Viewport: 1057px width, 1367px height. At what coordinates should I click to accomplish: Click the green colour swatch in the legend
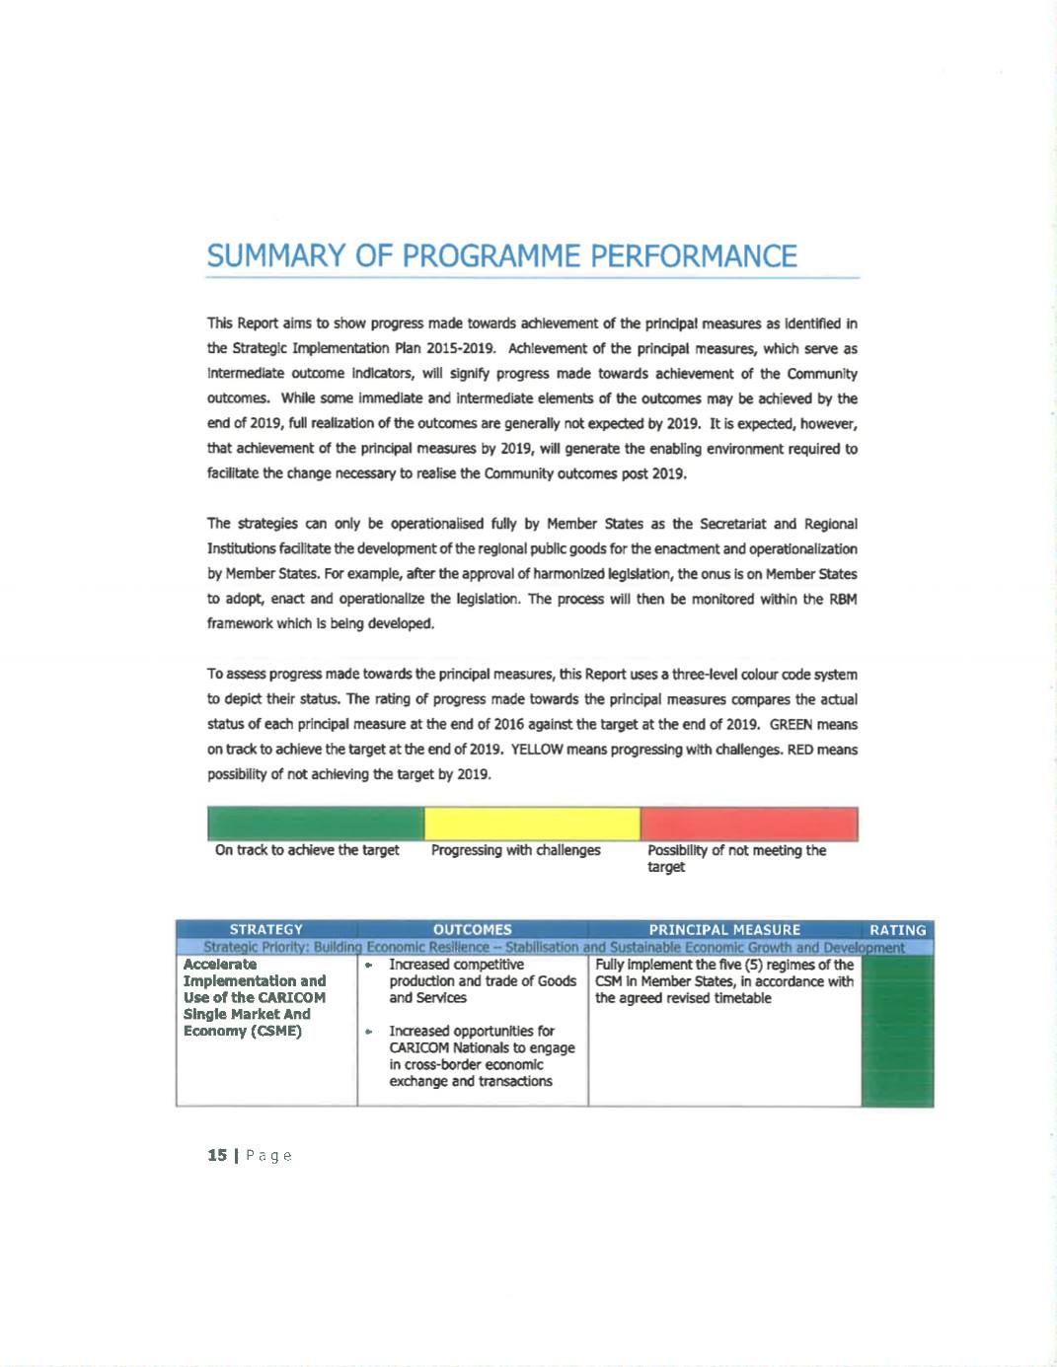tap(315, 824)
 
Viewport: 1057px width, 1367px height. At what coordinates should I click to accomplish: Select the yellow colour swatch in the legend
tap(532, 824)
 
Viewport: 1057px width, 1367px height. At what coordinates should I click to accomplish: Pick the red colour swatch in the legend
tap(749, 824)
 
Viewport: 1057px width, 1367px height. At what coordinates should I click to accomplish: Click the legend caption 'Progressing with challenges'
tap(515, 850)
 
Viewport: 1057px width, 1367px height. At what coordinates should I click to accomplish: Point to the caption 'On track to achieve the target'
tap(307, 850)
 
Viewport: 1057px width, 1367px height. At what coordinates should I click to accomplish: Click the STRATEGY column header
tap(266, 929)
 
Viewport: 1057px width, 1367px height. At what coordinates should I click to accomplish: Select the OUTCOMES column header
tap(473, 929)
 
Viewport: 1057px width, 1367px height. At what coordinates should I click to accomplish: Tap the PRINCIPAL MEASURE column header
tap(724, 929)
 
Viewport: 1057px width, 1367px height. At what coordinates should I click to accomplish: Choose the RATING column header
tap(897, 929)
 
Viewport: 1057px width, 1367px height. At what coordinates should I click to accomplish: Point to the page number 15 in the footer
tap(217, 1155)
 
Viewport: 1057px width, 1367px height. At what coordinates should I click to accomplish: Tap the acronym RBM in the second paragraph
tap(842, 599)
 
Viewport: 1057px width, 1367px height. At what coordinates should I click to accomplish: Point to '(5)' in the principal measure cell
tap(753, 965)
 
